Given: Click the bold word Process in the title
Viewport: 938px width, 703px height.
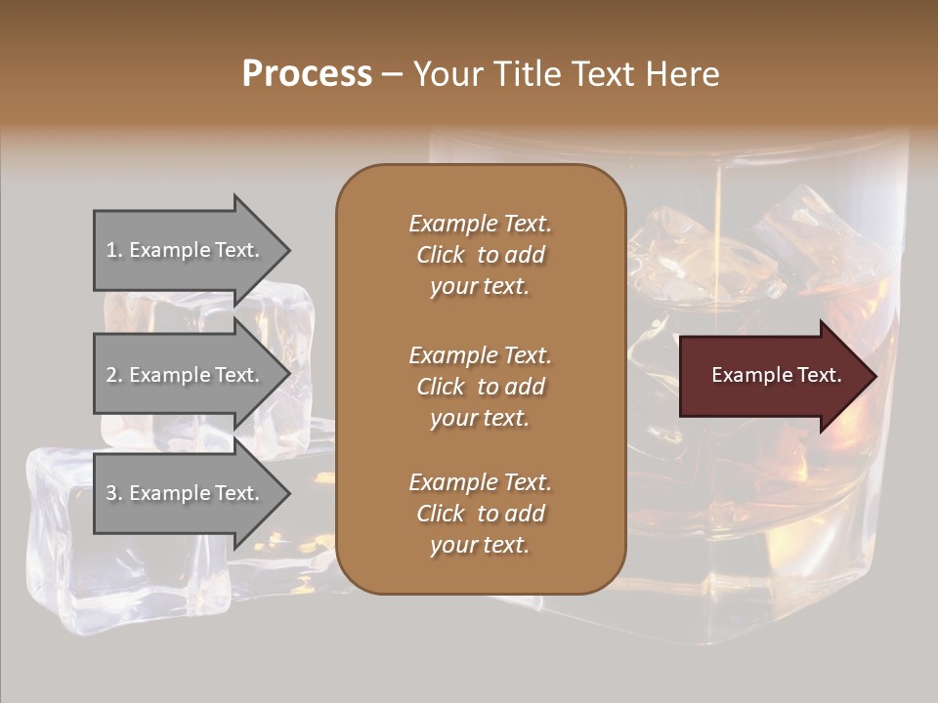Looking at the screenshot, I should click(307, 73).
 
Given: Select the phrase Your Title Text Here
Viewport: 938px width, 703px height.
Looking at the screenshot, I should click(567, 74).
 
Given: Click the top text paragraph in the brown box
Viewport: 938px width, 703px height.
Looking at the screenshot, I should click(480, 255).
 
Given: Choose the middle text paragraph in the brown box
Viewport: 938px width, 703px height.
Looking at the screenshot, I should click(480, 387).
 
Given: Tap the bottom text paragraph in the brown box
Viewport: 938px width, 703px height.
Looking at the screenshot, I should click(480, 514).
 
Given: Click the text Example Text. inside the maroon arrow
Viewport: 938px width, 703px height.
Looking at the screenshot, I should click(777, 375).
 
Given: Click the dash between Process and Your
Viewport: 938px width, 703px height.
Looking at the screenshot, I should click(392, 74).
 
